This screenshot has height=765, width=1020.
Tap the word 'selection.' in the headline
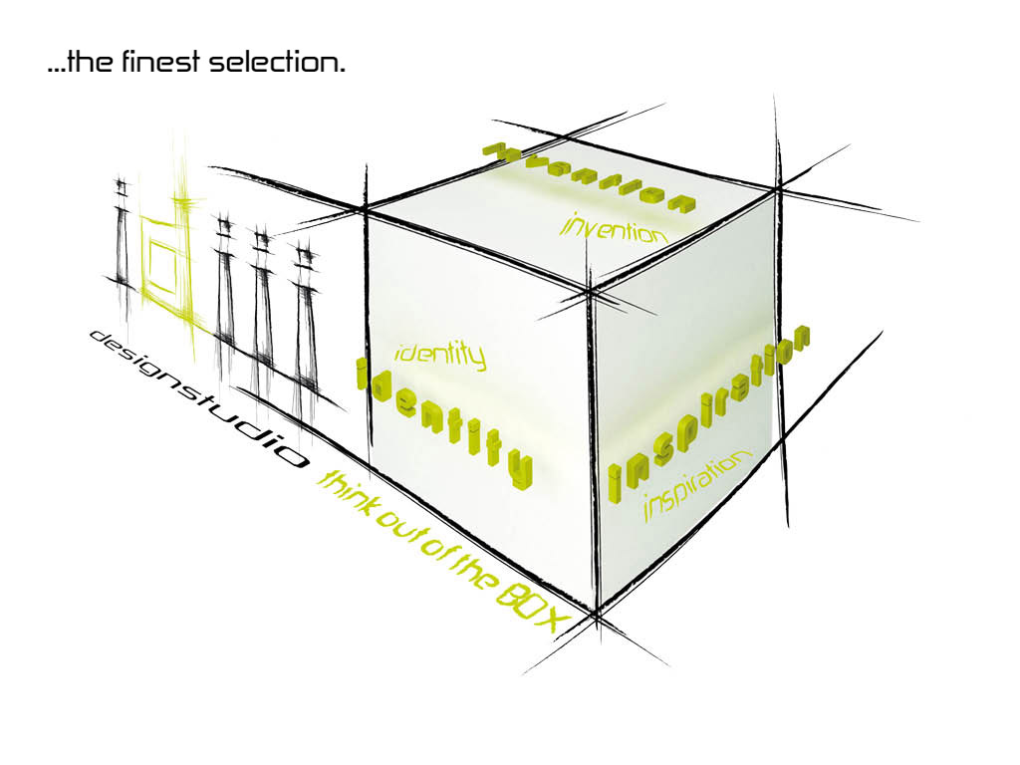(x=277, y=62)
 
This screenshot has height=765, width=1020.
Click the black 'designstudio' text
(x=197, y=398)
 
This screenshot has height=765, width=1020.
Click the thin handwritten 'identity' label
(x=440, y=356)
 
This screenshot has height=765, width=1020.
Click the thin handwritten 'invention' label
(x=614, y=228)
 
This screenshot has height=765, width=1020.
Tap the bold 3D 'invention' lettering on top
(x=590, y=177)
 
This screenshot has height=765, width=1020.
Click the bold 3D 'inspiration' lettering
(x=709, y=413)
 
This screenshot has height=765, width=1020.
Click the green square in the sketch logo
(x=162, y=267)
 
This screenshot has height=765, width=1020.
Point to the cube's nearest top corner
(x=590, y=291)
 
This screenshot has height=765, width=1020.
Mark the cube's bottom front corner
(x=596, y=610)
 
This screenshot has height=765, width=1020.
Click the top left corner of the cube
(x=367, y=208)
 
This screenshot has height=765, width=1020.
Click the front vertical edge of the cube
(x=593, y=450)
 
